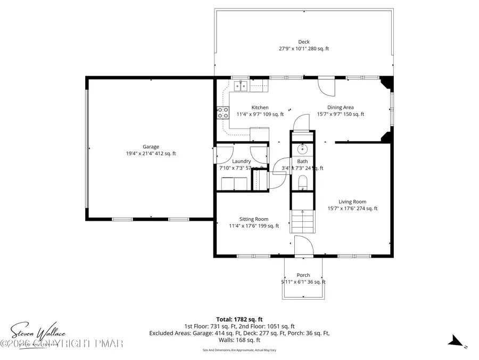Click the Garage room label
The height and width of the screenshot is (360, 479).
coord(151,147)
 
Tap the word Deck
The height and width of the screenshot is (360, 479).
coord(304,42)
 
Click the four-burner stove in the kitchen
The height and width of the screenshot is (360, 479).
coord(222,113)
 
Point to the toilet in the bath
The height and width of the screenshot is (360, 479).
coord(303,182)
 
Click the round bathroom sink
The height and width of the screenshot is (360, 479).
coord(303,149)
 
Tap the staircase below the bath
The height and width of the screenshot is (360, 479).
coord(303,221)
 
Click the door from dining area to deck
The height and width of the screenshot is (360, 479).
coord(325,84)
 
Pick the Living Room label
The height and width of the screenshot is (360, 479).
coord(352,202)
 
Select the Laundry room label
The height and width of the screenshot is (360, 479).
coord(242,161)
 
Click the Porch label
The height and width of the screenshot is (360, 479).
coord(303,275)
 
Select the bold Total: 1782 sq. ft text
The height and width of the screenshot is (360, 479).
coord(240,318)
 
